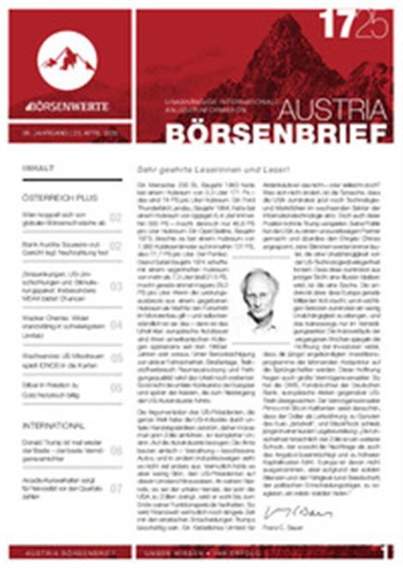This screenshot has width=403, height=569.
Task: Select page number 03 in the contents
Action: (115, 286)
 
